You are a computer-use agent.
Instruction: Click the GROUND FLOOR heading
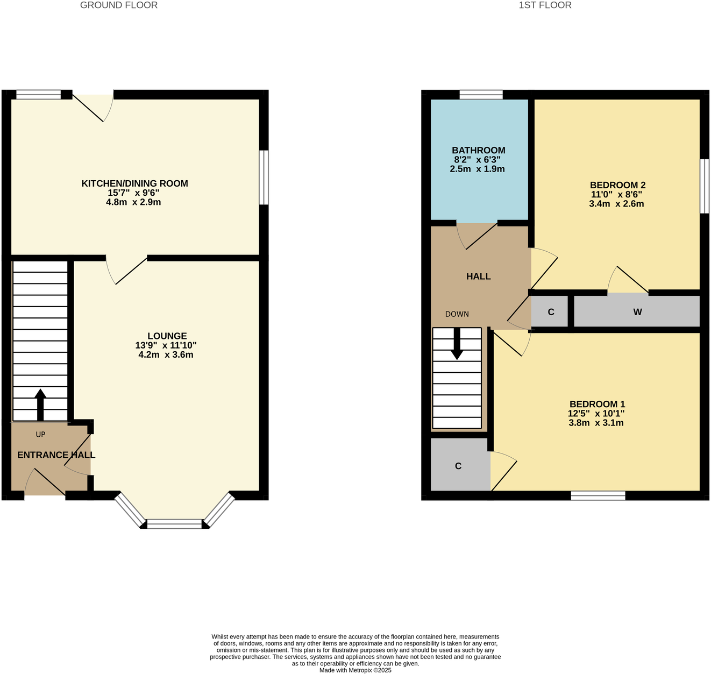click(119, 5)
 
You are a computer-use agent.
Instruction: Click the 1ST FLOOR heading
click(545, 5)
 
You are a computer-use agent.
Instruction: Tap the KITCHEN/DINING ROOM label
click(134, 183)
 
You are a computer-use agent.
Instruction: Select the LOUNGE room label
click(167, 336)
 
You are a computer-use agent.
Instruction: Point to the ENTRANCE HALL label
click(56, 455)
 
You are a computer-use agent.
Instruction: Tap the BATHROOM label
click(478, 151)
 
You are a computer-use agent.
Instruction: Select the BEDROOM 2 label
click(617, 185)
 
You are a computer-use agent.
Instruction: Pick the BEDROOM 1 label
click(597, 404)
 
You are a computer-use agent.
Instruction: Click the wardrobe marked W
click(637, 311)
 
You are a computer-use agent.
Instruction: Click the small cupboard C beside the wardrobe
click(550, 311)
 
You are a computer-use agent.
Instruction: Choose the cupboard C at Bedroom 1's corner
click(459, 466)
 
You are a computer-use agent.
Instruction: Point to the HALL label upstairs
click(478, 276)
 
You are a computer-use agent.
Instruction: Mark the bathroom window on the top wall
click(481, 95)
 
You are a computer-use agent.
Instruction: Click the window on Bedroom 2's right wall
click(704, 186)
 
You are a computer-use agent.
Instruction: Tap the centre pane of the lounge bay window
click(174, 523)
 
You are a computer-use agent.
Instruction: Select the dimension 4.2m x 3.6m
click(166, 355)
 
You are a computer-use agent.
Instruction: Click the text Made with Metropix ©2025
click(355, 670)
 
